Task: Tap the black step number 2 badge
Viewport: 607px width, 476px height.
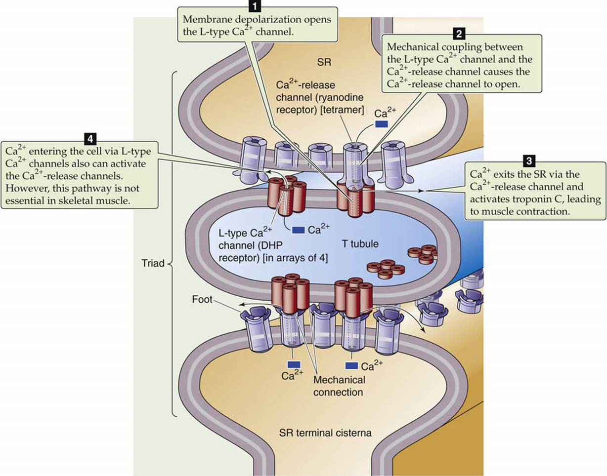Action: point(459,34)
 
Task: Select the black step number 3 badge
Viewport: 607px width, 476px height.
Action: point(529,161)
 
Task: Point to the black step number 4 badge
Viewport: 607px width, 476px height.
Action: point(90,139)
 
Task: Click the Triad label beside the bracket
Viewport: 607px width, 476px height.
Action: point(153,263)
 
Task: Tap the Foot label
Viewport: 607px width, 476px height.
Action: point(202,299)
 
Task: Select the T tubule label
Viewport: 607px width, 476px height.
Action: point(360,244)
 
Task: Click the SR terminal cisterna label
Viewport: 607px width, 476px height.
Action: point(325,433)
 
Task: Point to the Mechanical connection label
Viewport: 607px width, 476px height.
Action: point(339,386)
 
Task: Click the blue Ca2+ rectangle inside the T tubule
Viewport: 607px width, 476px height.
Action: point(299,230)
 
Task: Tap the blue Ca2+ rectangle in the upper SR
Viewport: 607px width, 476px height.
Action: point(381,124)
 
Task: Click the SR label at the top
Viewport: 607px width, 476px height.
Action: point(324,62)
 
